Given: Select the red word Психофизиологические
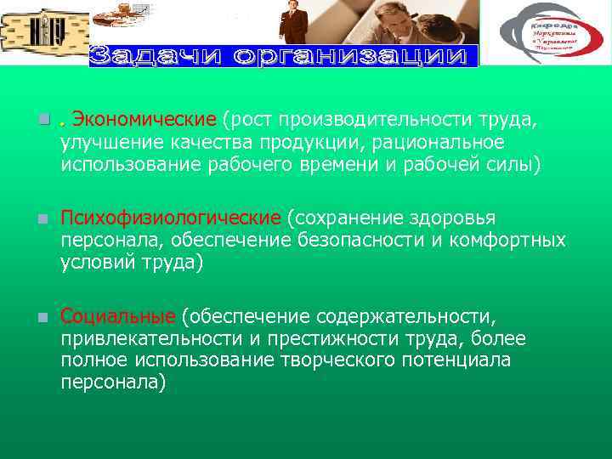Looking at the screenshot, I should tap(170, 219).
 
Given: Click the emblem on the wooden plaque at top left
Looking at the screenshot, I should tap(42, 32).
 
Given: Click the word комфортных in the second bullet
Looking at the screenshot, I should tap(510, 241).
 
